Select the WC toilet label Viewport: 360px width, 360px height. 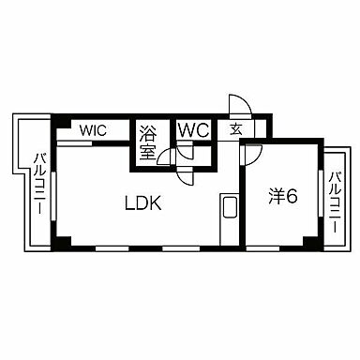193,130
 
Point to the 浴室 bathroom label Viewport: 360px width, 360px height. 148,140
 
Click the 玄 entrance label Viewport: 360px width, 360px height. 236,130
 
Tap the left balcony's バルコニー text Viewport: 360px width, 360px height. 40,183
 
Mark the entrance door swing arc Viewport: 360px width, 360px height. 237,105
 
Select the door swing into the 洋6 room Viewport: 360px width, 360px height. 251,151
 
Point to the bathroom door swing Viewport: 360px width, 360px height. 166,157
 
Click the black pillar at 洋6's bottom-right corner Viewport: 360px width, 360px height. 309,243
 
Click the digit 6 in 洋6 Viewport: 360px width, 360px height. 292,199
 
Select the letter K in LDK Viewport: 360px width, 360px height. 159,201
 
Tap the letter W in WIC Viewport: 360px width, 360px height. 84,130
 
